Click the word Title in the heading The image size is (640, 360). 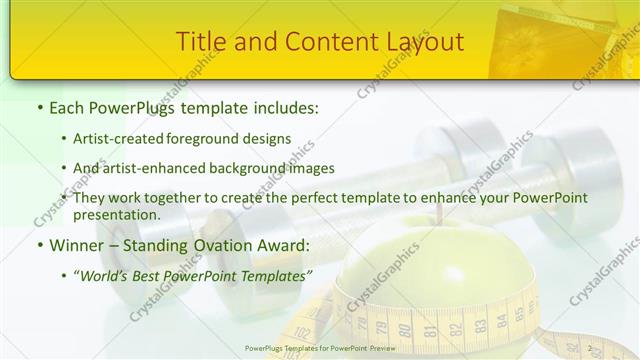point(198,42)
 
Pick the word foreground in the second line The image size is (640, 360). point(206,138)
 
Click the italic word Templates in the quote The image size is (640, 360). point(274,274)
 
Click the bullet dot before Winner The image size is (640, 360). point(39,244)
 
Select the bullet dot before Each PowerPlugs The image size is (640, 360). point(39,107)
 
